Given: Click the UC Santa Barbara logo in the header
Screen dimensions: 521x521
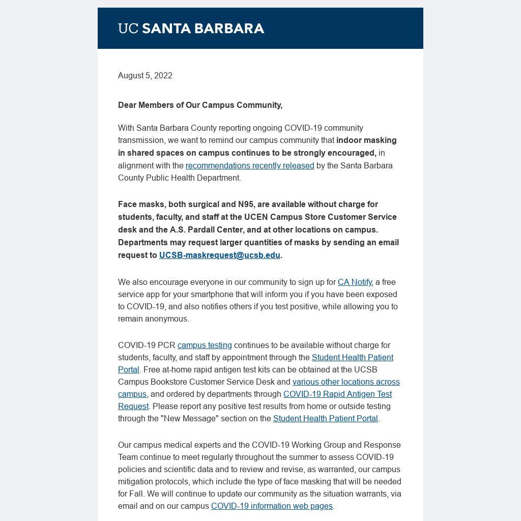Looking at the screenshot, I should pyautogui.click(x=191, y=28).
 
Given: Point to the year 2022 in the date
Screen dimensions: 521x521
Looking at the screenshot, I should pyautogui.click(x=163, y=75).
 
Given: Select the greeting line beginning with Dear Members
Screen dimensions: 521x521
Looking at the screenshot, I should pyautogui.click(x=200, y=105).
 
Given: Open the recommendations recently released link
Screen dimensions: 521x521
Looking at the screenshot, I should pyautogui.click(x=250, y=165).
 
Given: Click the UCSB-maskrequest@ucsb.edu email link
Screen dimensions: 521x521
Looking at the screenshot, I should pyautogui.click(x=220, y=255).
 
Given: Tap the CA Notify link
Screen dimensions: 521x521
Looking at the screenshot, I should pyautogui.click(x=355, y=282).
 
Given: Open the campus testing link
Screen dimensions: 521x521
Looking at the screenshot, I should pyautogui.click(x=205, y=345).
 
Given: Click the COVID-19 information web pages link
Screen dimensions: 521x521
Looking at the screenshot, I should pyautogui.click(x=272, y=506).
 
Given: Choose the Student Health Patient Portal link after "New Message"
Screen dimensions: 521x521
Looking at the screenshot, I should pyautogui.click(x=325, y=418).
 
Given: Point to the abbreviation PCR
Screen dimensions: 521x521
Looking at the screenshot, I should pyautogui.click(x=167, y=345).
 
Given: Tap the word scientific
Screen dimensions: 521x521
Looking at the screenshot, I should pyautogui.click(x=168, y=469).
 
